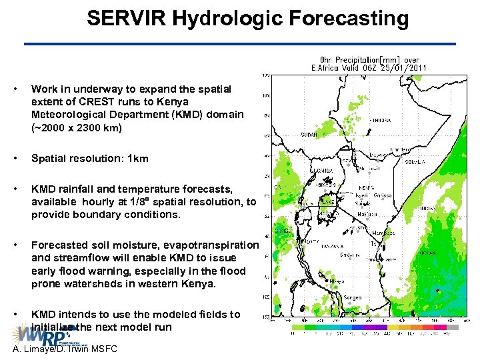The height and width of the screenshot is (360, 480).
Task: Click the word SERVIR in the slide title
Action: pos(127,18)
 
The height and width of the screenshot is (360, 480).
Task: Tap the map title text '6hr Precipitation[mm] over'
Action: pos(369,59)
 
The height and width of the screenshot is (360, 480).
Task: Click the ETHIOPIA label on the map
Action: pos(378,120)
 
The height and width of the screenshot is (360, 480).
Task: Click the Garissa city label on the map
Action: pos(382,196)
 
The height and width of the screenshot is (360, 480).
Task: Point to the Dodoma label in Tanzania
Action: pos(347,255)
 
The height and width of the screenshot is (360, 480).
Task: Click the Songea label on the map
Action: pos(353,298)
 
